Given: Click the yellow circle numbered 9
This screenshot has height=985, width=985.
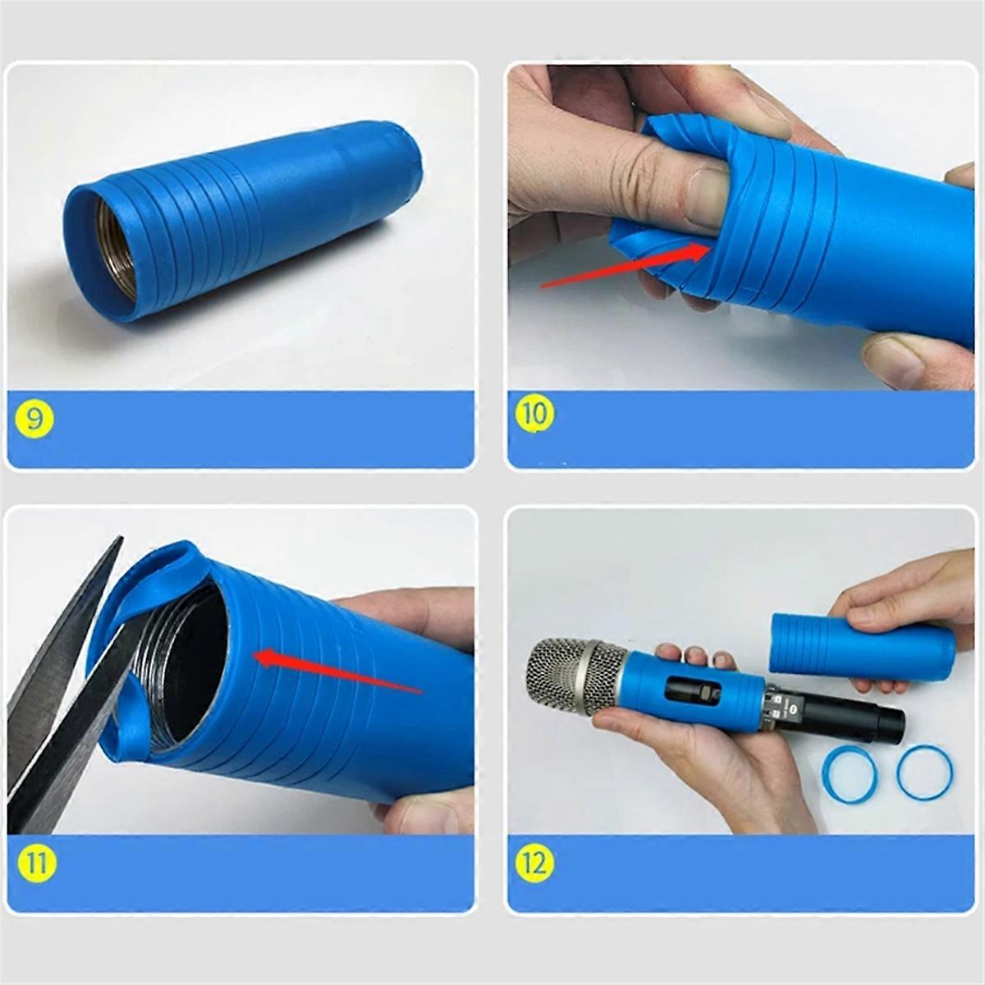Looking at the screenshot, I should pyautogui.click(x=34, y=419).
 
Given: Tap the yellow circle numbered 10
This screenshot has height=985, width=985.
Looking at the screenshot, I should pyautogui.click(x=534, y=413).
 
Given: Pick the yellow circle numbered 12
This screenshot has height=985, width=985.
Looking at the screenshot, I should pyautogui.click(x=534, y=863).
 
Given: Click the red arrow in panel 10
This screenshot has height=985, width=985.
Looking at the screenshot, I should pyautogui.click(x=624, y=267).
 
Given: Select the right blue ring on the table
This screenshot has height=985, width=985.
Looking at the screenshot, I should pyautogui.click(x=925, y=772).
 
